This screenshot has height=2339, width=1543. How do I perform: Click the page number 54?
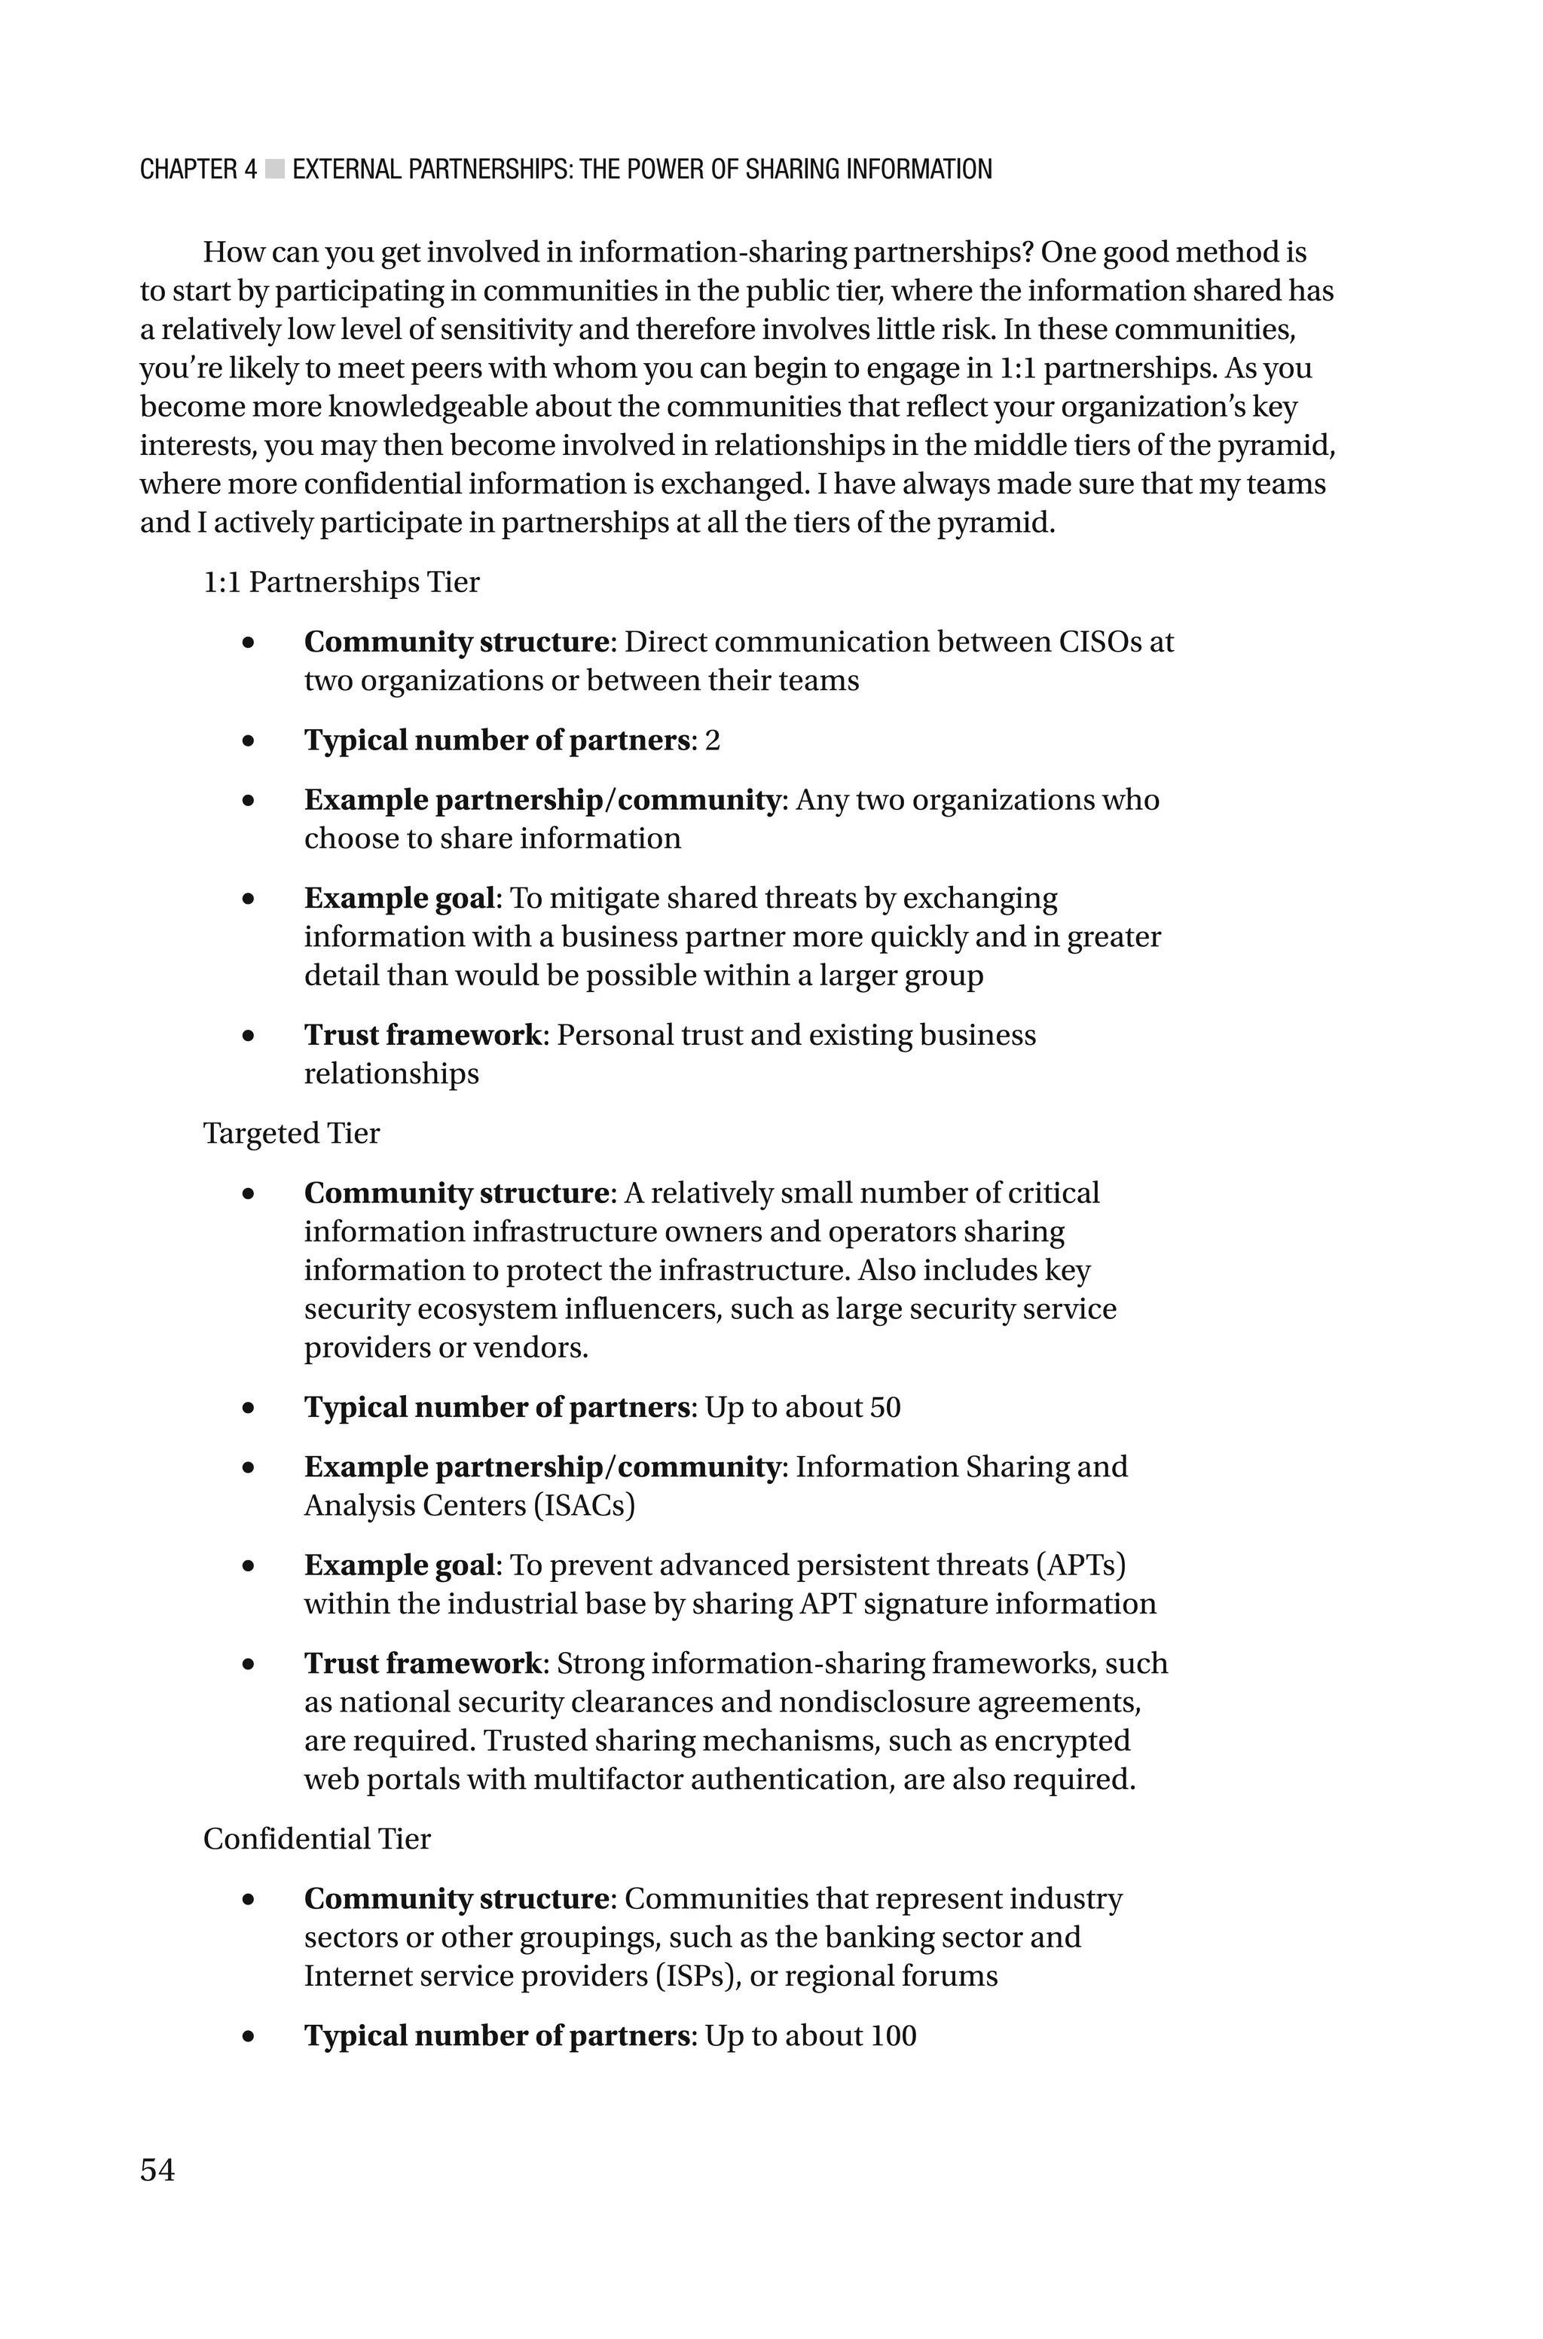coord(157,2169)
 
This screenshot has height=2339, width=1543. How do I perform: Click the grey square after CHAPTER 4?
coord(274,169)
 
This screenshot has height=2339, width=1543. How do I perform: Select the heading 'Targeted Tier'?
coord(292,1133)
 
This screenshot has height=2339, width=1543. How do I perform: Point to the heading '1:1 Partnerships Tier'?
coord(341,582)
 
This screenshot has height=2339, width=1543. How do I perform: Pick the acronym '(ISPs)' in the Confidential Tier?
coord(698,1976)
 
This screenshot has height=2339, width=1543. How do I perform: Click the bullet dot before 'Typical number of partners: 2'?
coord(248,740)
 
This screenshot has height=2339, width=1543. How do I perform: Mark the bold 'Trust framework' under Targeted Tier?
coord(422,1663)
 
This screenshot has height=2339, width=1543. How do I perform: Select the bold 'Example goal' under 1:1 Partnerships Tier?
coord(399,898)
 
